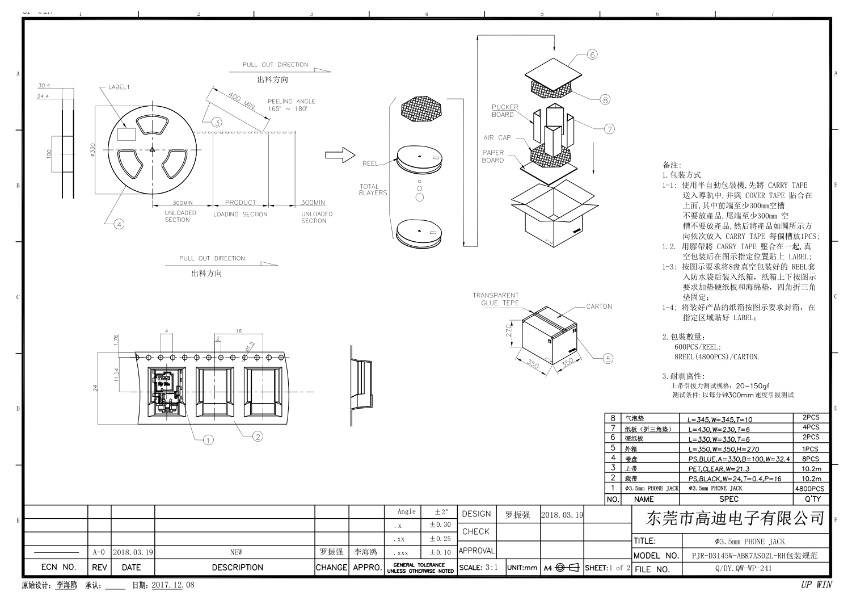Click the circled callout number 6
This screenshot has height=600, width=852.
(x=592, y=54)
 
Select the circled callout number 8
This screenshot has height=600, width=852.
(x=605, y=99)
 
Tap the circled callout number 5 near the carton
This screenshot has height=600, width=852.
(x=608, y=358)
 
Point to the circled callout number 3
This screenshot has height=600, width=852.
(x=217, y=121)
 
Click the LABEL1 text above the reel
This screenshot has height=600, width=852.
(x=119, y=87)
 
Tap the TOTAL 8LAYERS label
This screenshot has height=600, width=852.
(x=373, y=190)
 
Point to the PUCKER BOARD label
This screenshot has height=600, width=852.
(x=505, y=111)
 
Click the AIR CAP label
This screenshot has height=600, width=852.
(x=497, y=137)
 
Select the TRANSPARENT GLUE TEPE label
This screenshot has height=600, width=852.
(x=495, y=299)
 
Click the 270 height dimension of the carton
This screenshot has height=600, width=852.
(x=509, y=330)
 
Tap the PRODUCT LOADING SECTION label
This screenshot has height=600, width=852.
(x=240, y=208)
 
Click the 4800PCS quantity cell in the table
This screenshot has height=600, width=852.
(x=809, y=489)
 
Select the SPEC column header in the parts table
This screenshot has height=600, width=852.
(x=728, y=499)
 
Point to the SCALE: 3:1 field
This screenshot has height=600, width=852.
(x=480, y=568)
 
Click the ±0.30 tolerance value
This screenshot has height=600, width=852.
(x=440, y=525)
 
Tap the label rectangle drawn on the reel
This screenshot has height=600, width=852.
(x=126, y=134)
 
